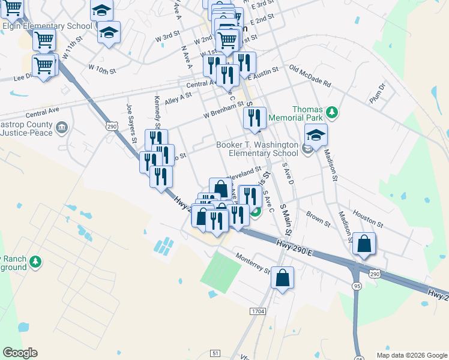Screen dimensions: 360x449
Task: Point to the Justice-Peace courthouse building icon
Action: (61, 127)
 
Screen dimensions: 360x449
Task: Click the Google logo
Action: (20, 353)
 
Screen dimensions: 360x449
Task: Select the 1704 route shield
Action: (258, 311)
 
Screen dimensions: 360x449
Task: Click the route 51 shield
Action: (215, 353)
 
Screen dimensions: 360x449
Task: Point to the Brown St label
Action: (318, 218)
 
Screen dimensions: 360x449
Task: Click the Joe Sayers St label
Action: (130, 125)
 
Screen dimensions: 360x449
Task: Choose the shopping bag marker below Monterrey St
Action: (282, 278)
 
